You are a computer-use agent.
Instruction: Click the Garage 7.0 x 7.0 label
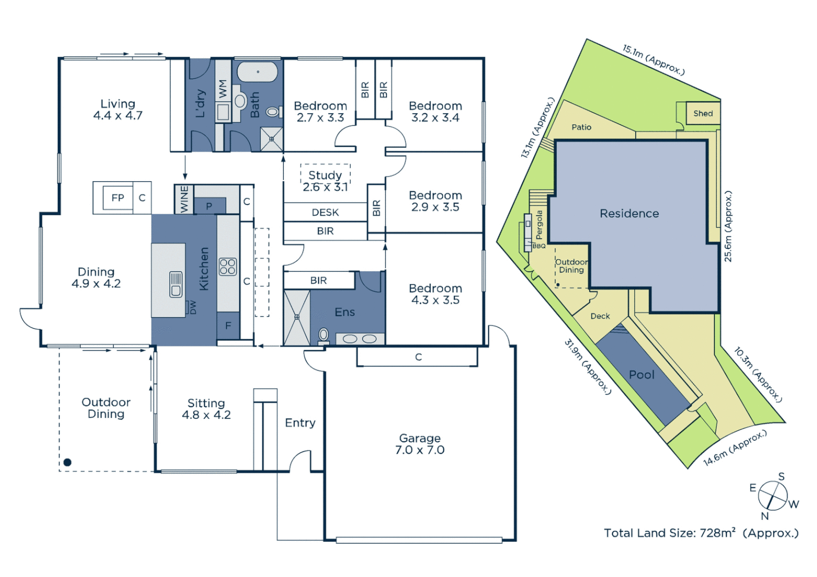click(420, 444)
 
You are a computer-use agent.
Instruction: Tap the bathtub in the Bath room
click(257, 72)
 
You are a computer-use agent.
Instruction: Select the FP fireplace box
click(118, 198)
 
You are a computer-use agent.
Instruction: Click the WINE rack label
click(184, 199)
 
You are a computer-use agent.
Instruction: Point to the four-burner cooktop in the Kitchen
click(228, 266)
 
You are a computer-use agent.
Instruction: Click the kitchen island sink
click(176, 284)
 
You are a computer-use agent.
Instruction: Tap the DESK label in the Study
click(325, 212)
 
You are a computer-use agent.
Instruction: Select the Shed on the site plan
click(703, 113)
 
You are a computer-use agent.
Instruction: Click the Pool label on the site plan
click(641, 375)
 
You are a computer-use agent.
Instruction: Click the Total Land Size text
click(700, 533)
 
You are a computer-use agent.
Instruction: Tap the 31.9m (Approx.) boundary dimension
click(587, 367)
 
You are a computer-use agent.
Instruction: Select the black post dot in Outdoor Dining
click(67, 462)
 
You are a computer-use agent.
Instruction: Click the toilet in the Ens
click(323, 335)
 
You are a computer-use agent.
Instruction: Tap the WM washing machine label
click(223, 89)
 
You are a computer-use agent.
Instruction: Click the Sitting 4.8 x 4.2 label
click(206, 409)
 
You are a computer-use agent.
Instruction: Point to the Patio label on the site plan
click(581, 127)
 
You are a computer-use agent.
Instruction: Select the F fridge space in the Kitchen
click(228, 325)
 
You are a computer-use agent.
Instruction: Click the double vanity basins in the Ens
click(359, 339)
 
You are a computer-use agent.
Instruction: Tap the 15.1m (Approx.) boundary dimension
click(653, 59)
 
